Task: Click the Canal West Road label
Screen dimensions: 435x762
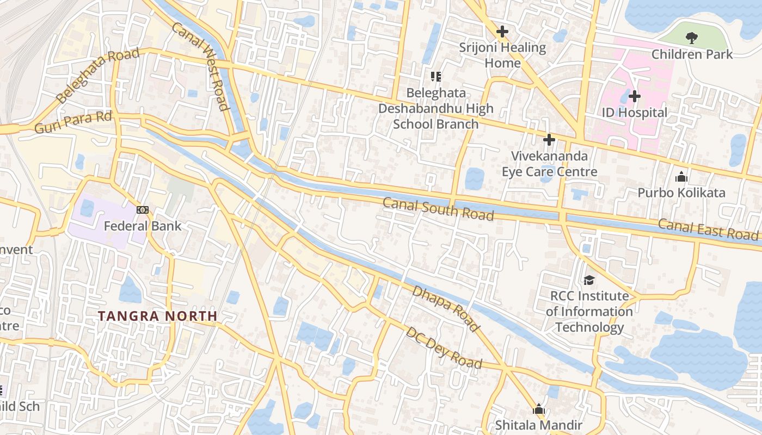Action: click(x=200, y=66)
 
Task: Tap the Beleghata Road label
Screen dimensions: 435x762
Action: click(x=98, y=76)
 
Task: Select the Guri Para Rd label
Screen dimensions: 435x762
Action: click(x=73, y=122)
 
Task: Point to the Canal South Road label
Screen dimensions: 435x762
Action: click(x=438, y=209)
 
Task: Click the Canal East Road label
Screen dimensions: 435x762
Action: click(x=708, y=229)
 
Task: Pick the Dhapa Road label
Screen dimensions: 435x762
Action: click(x=446, y=308)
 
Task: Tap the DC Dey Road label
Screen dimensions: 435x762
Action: click(x=444, y=347)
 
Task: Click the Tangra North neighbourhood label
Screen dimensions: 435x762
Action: click(x=157, y=316)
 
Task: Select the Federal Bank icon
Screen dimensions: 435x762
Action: click(x=143, y=210)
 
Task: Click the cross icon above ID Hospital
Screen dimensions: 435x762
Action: click(x=634, y=97)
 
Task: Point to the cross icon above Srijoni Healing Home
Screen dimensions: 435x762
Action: click(x=502, y=32)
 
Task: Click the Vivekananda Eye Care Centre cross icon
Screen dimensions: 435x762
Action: click(x=549, y=140)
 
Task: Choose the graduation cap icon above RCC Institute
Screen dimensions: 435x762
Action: click(x=589, y=280)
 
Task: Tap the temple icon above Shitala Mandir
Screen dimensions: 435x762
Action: click(x=539, y=409)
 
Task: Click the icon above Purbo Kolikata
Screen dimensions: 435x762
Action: click(x=681, y=177)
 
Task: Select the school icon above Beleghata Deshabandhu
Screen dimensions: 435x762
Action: click(x=435, y=77)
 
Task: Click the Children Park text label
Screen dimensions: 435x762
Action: click(x=692, y=54)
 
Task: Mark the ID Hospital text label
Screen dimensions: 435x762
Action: click(x=634, y=113)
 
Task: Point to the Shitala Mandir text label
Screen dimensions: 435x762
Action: click(x=538, y=425)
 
